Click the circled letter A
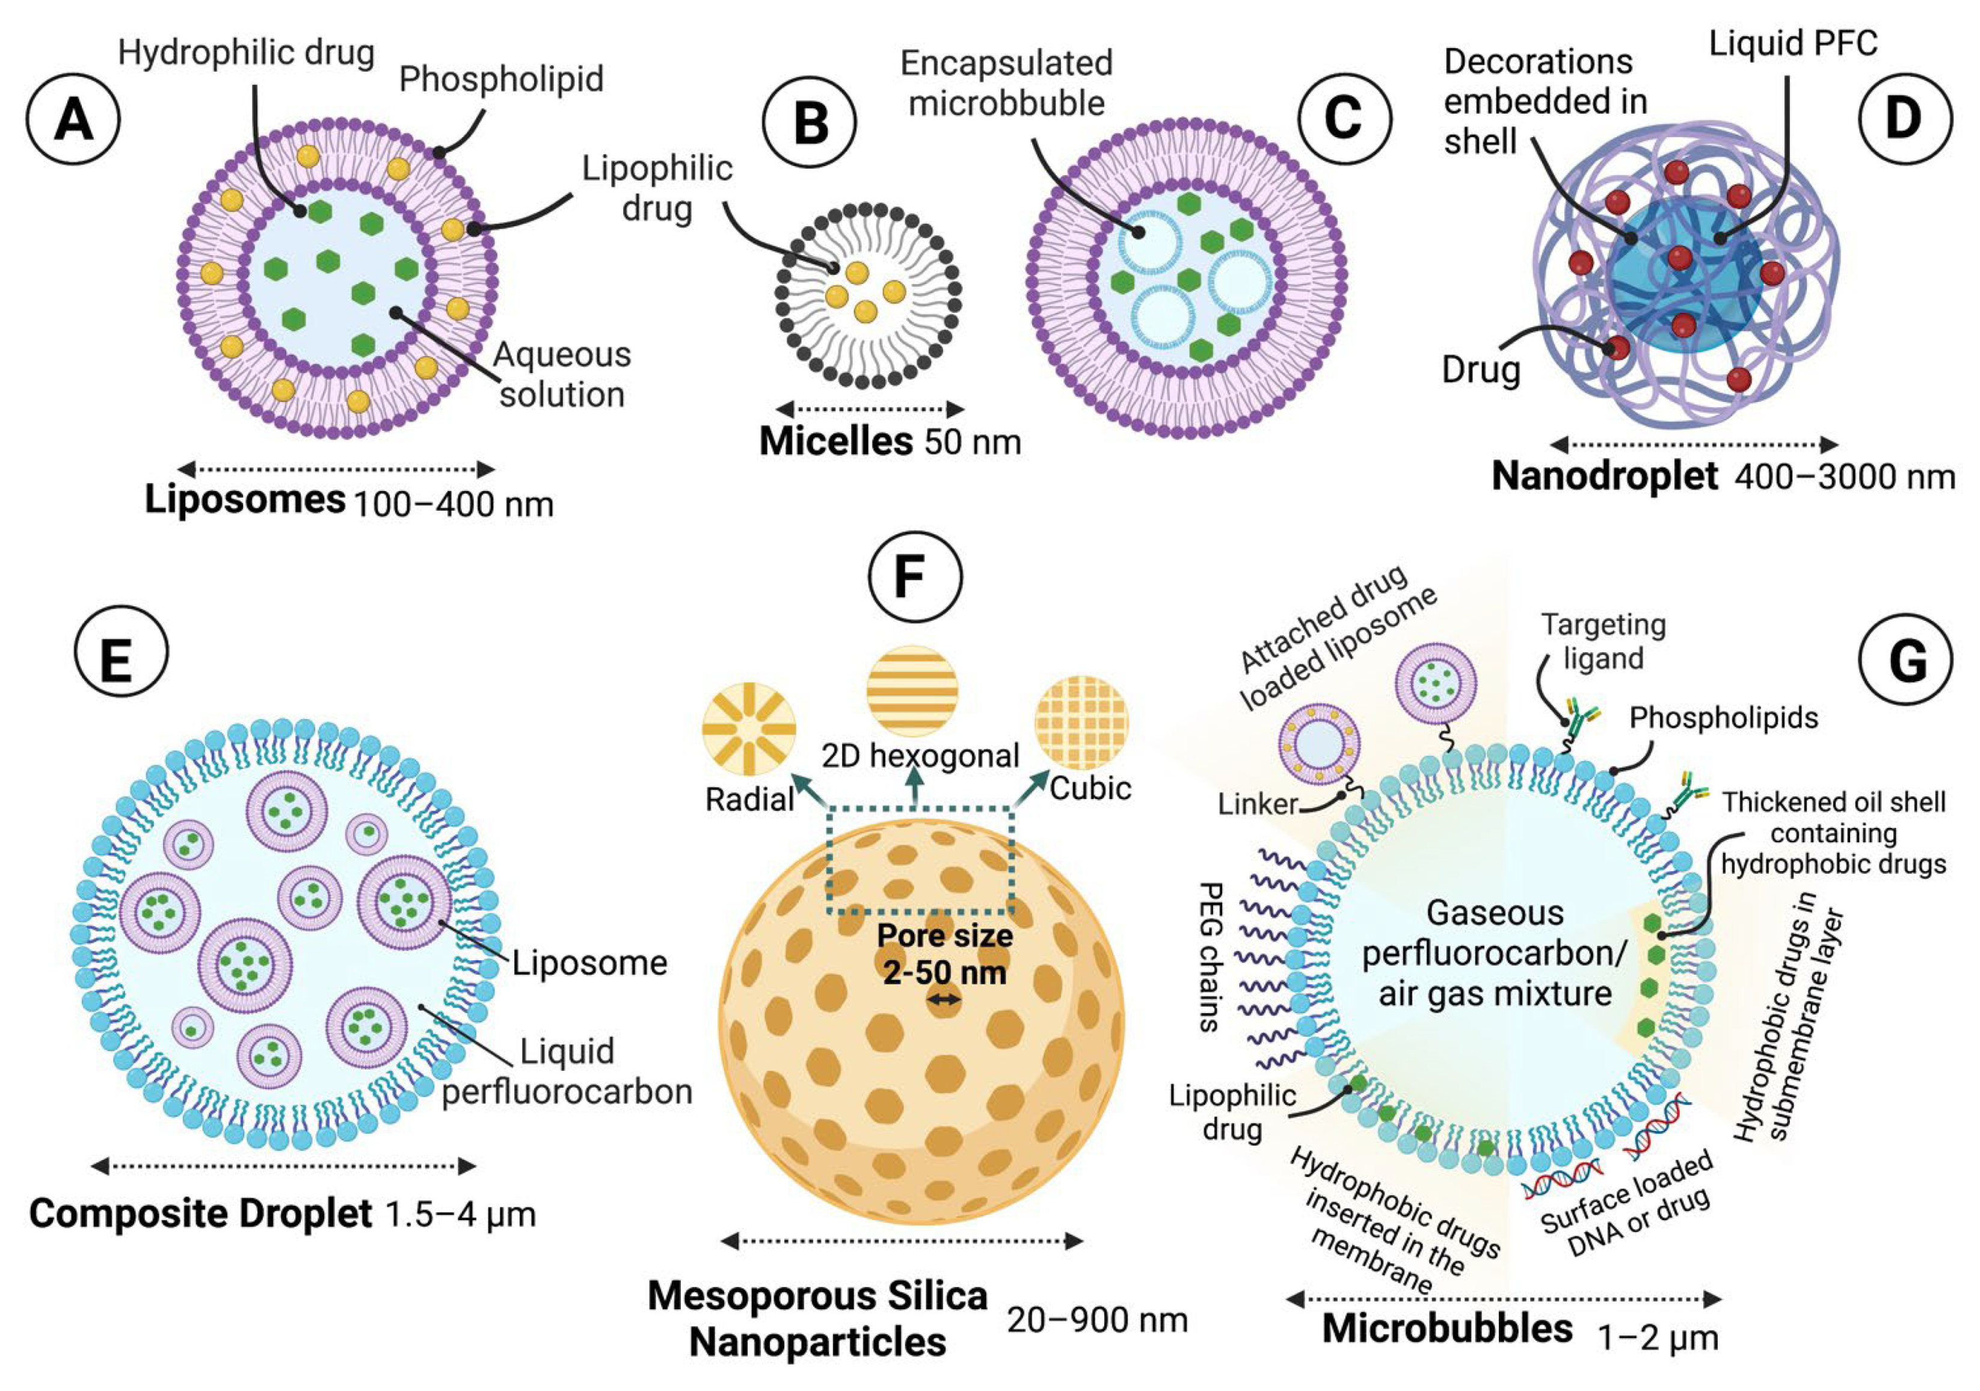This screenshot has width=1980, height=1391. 73,118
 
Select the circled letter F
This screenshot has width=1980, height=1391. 914,576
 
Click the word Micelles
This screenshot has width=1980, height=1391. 835,442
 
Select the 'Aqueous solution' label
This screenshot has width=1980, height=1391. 562,374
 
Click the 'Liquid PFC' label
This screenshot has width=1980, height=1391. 1793,43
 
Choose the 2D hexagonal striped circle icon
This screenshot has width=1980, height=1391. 912,691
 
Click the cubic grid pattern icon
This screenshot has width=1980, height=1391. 1081,723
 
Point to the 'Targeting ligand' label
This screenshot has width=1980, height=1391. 1603,641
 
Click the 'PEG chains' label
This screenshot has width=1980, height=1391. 1211,957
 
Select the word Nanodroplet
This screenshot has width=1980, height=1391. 1604,475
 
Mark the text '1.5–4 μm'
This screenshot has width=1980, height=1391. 461,1214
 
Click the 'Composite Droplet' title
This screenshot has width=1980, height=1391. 200,1214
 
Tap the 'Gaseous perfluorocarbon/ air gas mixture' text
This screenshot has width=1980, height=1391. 1495,953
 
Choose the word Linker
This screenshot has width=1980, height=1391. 1257,804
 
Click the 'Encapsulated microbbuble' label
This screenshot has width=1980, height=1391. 1006,83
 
